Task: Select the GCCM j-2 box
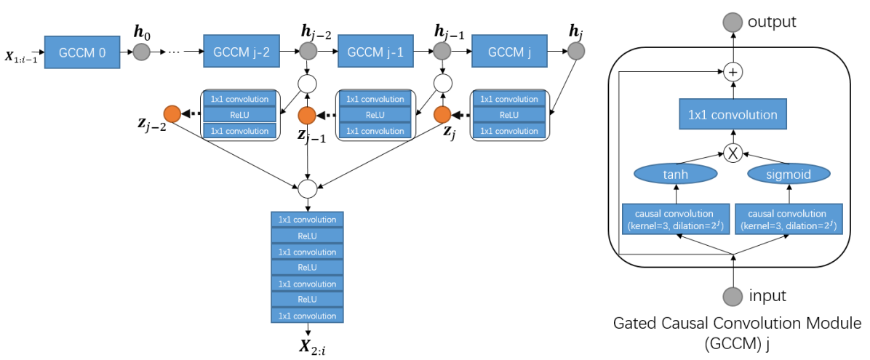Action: (x=241, y=52)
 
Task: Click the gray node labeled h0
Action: (x=140, y=52)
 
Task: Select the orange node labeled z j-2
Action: (x=172, y=114)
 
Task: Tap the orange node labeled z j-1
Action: (x=307, y=115)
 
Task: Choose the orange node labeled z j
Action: (x=442, y=115)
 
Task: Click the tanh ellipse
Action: (x=676, y=175)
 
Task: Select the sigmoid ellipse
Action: (x=789, y=175)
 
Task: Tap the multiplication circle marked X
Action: (x=733, y=153)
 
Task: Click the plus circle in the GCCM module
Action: (x=733, y=72)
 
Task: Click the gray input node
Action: (x=733, y=296)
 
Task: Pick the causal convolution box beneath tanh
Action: (x=676, y=220)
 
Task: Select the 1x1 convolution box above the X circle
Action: (x=733, y=115)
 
